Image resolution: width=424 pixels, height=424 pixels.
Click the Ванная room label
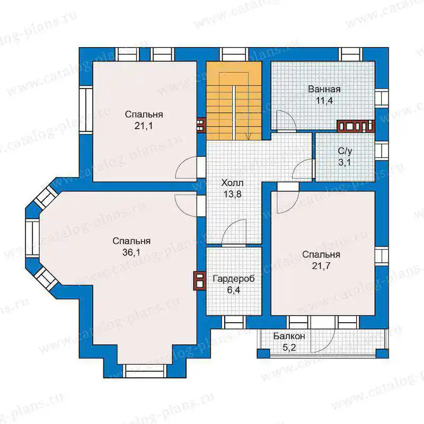pyautogui.click(x=324, y=89)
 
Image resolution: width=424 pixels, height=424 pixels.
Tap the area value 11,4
pyautogui.click(x=324, y=101)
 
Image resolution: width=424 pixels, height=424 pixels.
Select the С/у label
pyautogui.click(x=345, y=151)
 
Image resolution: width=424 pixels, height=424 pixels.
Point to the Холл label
pyautogui.click(x=232, y=183)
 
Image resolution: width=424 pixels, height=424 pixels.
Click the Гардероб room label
pyautogui.click(x=234, y=279)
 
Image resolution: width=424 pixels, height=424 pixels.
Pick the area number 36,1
pyautogui.click(x=131, y=252)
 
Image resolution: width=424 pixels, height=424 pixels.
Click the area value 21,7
pyautogui.click(x=321, y=266)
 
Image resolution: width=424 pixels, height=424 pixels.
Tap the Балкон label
pyautogui.click(x=289, y=336)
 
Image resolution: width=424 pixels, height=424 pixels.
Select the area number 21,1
pyautogui.click(x=144, y=126)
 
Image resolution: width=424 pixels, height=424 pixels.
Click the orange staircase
pyautogui.click(x=234, y=101)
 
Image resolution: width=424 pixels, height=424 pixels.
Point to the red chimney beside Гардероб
pyautogui.click(x=200, y=281)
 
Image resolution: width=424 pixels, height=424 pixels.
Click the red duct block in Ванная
pyautogui.click(x=356, y=126)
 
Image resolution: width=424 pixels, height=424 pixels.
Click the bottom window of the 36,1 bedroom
pyautogui.click(x=145, y=370)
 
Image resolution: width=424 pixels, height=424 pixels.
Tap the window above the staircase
pyautogui.click(x=234, y=55)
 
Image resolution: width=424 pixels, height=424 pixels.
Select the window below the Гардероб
pyautogui.click(x=234, y=322)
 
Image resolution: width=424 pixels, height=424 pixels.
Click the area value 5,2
pyautogui.click(x=289, y=348)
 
